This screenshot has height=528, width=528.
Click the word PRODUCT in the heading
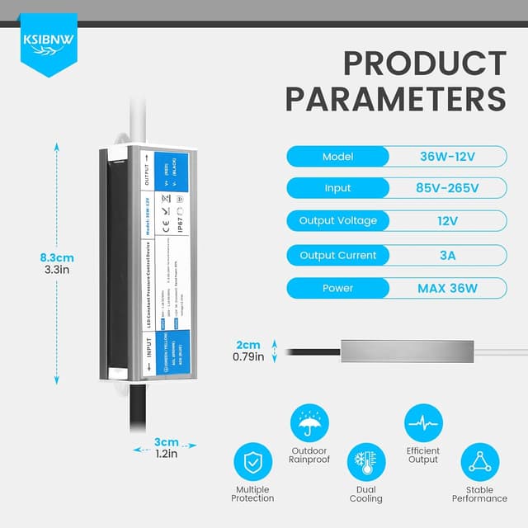425,64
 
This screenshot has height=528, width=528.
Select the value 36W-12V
447,157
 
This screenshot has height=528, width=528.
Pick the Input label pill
337,189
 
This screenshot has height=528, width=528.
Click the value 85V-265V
447,189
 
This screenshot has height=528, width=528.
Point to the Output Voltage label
337,221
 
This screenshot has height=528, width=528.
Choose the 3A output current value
447,255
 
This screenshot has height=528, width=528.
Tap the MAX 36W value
447,288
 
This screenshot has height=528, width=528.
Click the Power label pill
337,288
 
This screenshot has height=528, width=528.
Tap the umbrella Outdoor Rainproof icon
309,424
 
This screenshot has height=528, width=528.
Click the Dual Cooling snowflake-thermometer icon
366,462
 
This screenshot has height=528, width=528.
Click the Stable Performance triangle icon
479,462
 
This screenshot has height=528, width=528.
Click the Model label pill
337,157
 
